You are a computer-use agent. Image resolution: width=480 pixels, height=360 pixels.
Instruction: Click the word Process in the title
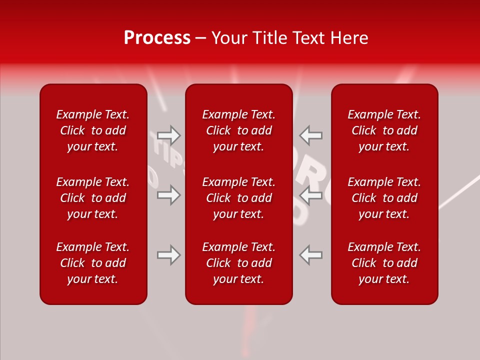pyautogui.click(x=157, y=38)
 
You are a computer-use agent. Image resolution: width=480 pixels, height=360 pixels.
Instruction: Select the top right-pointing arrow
pyautogui.click(x=168, y=135)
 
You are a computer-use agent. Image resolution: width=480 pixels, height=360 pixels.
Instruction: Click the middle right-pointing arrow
pyautogui.click(x=168, y=195)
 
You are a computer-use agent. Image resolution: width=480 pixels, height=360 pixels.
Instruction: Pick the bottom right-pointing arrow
pyautogui.click(x=168, y=255)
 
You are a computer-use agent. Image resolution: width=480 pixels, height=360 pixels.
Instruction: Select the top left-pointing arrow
pyautogui.click(x=310, y=135)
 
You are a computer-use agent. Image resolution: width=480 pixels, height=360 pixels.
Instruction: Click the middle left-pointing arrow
pyautogui.click(x=310, y=195)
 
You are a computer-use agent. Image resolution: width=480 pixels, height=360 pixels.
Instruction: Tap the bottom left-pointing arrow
pyautogui.click(x=310, y=255)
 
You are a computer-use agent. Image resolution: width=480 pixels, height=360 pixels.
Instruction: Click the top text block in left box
pyautogui.click(x=93, y=130)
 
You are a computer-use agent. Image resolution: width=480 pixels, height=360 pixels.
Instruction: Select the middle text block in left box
pyautogui.click(x=93, y=198)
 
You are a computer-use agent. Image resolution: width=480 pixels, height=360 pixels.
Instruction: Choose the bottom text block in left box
pyautogui.click(x=93, y=263)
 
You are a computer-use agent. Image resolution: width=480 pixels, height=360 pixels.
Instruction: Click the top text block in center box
pyautogui.click(x=238, y=130)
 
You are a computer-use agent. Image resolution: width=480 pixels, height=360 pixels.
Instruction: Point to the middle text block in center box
pyautogui.click(x=238, y=198)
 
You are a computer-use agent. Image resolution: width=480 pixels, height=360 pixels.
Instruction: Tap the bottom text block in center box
pyautogui.click(x=238, y=263)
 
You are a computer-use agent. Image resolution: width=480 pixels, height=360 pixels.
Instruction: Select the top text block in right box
pyautogui.click(x=384, y=130)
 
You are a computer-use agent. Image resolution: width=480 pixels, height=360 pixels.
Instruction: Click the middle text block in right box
pyautogui.click(x=384, y=198)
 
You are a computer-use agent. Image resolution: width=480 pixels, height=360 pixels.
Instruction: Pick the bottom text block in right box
pyautogui.click(x=384, y=263)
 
